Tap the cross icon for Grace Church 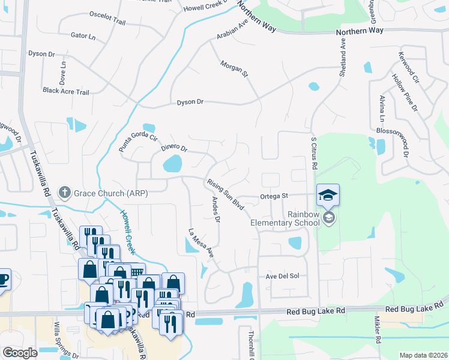pos(64,193)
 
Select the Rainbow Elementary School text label pos(279,218)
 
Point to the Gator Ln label pos(83,37)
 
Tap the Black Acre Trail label pos(65,92)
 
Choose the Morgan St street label pos(234,68)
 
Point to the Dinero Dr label pos(174,146)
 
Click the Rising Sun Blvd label pos(225,193)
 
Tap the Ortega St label pos(274,196)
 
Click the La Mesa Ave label pos(201,244)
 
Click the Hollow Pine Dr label pos(405,92)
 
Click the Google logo pos(20,353)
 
